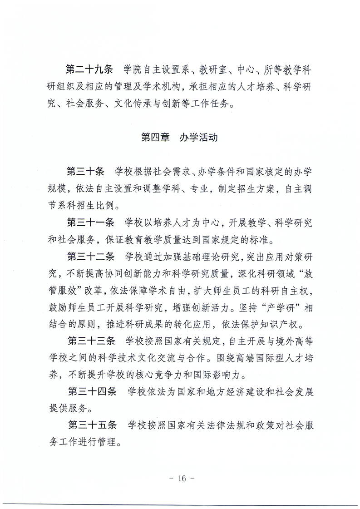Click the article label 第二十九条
(89, 70)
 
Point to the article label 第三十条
(85, 172)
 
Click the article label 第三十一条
(91, 223)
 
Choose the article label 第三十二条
(91, 257)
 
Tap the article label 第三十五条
(91, 425)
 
